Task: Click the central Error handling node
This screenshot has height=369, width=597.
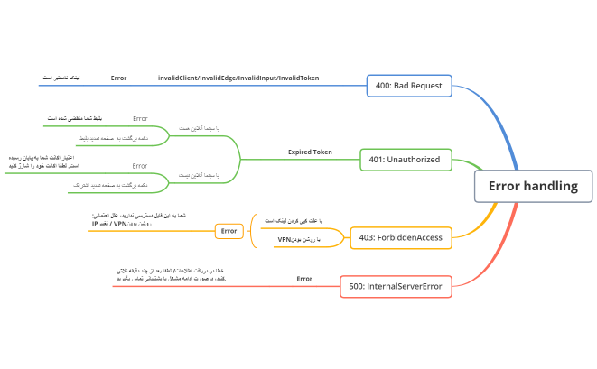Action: click(x=532, y=187)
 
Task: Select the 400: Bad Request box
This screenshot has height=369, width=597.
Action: click(x=408, y=86)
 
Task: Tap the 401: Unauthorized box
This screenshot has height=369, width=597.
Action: click(x=404, y=160)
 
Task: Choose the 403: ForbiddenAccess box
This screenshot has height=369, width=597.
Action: click(x=401, y=237)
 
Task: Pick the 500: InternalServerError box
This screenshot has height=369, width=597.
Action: click(x=396, y=287)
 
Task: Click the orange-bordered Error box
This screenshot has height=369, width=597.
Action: click(x=229, y=231)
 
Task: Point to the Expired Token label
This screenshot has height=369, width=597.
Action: click(x=310, y=152)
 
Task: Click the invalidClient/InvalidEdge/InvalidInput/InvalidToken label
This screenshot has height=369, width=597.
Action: click(x=238, y=78)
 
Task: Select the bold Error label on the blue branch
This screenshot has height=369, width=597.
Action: click(x=118, y=78)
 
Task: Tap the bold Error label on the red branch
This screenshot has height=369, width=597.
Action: click(x=304, y=279)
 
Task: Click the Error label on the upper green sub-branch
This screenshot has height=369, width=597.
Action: click(x=140, y=118)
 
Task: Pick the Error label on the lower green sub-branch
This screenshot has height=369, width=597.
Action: click(x=140, y=166)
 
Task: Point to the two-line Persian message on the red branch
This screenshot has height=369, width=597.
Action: click(x=171, y=274)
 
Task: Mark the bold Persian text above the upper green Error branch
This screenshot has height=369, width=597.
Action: click(x=72, y=118)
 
